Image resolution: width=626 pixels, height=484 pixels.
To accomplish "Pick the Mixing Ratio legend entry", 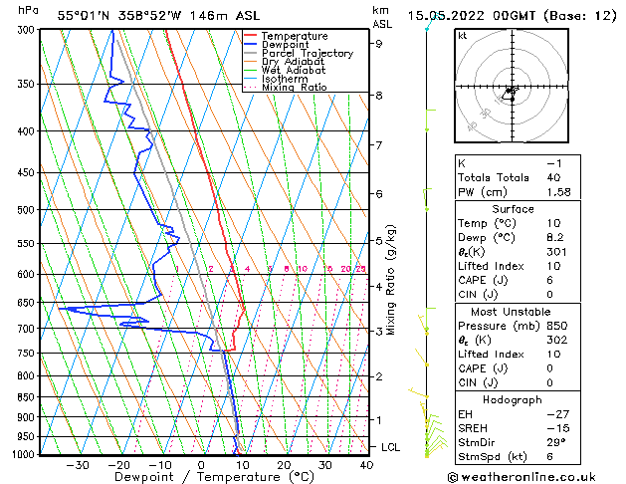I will pyautogui.click(x=295, y=88).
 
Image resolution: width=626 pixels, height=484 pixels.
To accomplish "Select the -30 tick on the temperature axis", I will pyautogui.click(x=78, y=465).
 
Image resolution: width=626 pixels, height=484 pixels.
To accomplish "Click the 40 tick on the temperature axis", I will pyautogui.click(x=366, y=465).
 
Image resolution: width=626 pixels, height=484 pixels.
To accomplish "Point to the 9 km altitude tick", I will pyautogui.click(x=379, y=43).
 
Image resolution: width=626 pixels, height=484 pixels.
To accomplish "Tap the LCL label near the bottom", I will pyautogui.click(x=391, y=447).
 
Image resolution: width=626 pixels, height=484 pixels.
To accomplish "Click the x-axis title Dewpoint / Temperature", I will pyautogui.click(x=200, y=477).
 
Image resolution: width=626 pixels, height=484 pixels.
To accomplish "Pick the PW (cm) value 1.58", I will pyautogui.click(x=555, y=192).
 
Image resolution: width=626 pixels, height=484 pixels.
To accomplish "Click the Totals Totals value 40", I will pyautogui.click(x=555, y=177).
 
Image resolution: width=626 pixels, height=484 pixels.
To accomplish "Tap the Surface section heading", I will pyautogui.click(x=514, y=209).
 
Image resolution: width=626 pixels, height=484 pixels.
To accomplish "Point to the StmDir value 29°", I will pyautogui.click(x=556, y=442).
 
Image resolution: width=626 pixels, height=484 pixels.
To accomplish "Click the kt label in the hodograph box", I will pyautogui.click(x=463, y=35).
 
